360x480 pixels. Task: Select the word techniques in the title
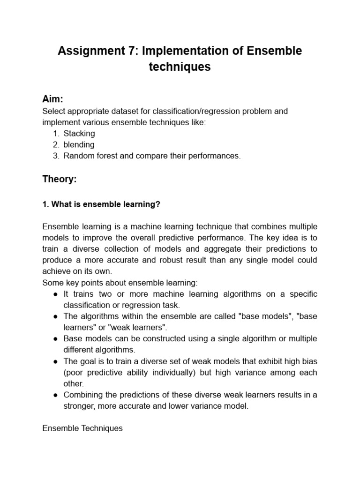click(x=180, y=67)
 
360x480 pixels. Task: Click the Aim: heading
click(x=52, y=99)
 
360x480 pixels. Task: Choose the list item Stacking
click(x=79, y=134)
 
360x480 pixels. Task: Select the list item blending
click(x=79, y=145)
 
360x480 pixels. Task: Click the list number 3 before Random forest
click(x=55, y=156)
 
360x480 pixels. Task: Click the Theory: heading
click(x=59, y=179)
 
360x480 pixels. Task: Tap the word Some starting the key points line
click(x=52, y=283)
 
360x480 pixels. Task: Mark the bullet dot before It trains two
click(x=54, y=294)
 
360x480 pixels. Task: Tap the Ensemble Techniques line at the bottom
click(x=82, y=428)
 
